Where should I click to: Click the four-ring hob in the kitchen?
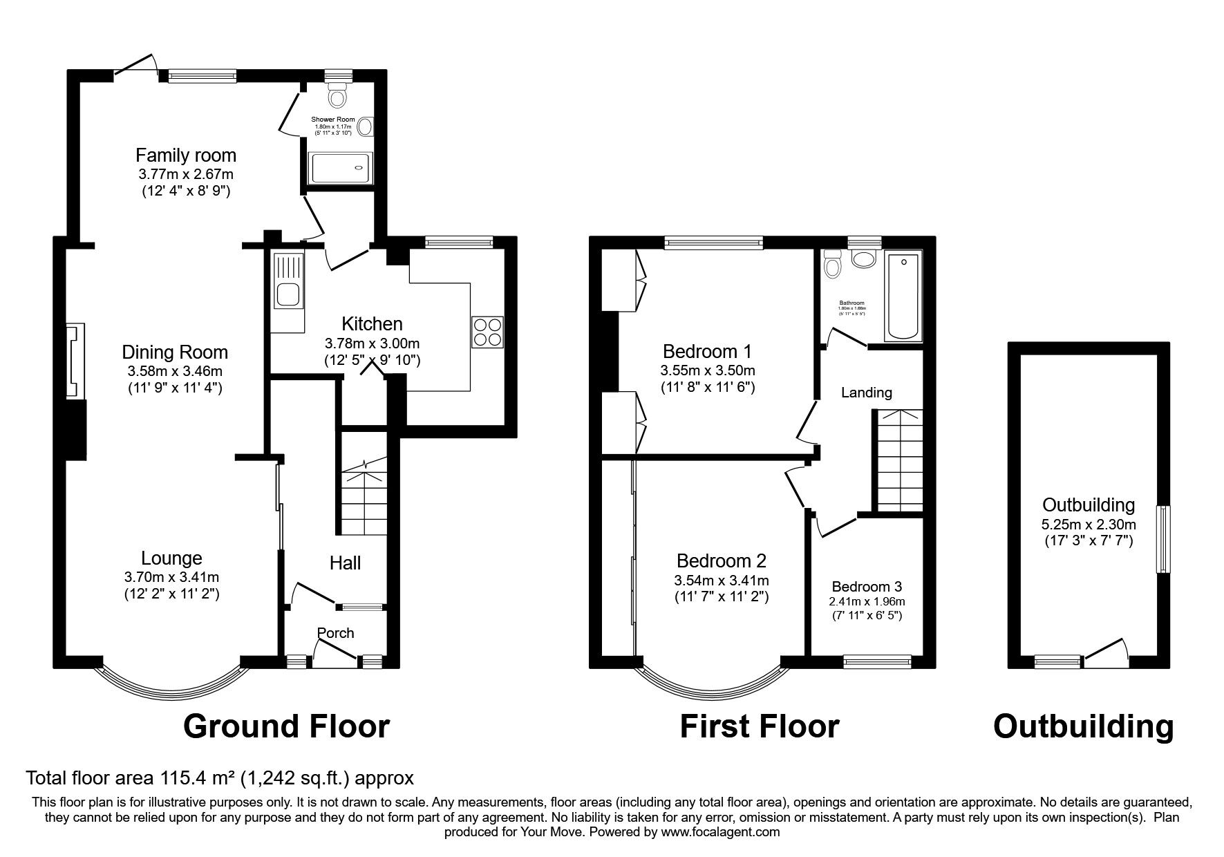[488, 332]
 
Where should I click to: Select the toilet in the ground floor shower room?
[337, 95]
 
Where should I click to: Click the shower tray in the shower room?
[341, 168]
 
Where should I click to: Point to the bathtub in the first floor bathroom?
[903, 297]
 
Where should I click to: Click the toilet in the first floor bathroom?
[831, 265]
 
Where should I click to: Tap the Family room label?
[185, 155]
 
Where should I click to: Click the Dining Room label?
[175, 352]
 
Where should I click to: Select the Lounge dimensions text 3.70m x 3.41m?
[172, 577]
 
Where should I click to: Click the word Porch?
[335, 633]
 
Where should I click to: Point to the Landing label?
[866, 393]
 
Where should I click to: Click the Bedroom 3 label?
[866, 587]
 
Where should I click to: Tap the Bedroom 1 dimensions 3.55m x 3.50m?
[707, 370]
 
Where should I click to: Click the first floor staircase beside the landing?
[899, 460]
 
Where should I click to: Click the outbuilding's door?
[1107, 654]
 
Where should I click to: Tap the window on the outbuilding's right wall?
[1164, 539]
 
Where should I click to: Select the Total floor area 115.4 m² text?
[220, 778]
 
